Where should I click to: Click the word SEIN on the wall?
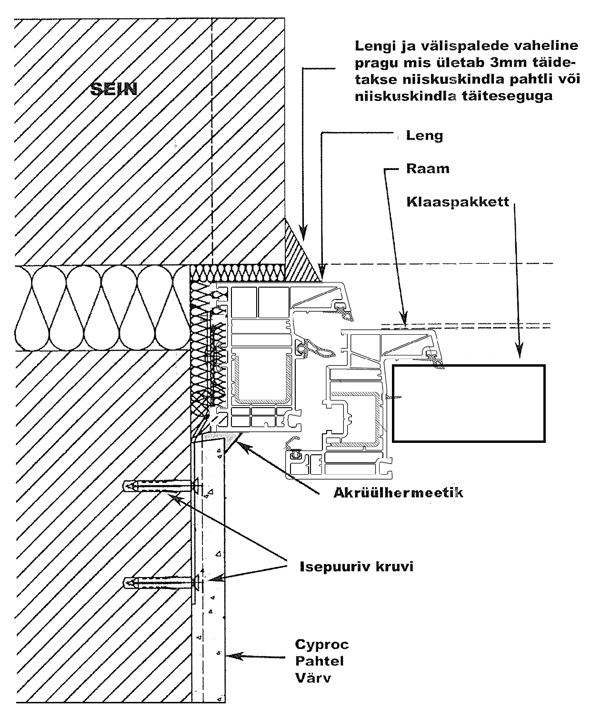[114, 89]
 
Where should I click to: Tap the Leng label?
[425, 136]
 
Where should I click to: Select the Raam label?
[428, 169]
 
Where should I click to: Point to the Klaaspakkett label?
[458, 201]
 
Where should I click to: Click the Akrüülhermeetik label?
[398, 492]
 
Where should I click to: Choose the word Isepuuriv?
[334, 566]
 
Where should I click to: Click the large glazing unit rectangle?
[469, 403]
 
